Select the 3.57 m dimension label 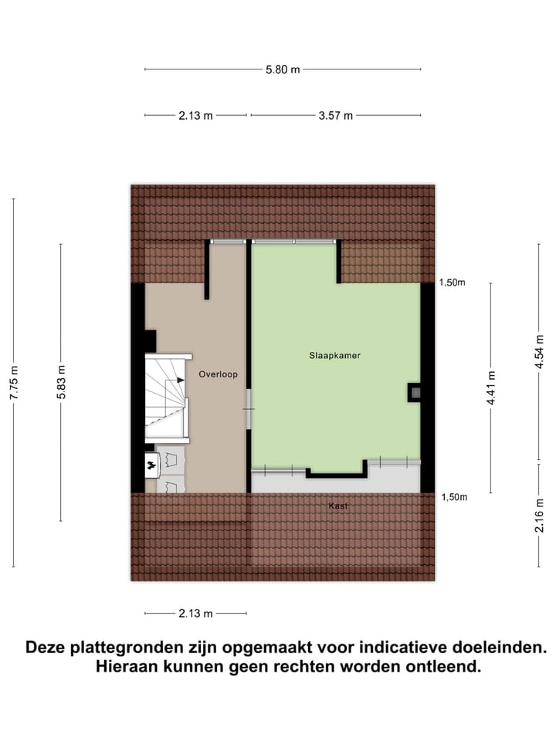[335, 116]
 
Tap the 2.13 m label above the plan [195, 116]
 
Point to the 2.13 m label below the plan [195, 614]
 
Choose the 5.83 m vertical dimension [61, 382]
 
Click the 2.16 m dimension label [540, 515]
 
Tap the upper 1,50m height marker [453, 283]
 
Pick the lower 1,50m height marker [453, 497]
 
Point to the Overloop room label [218, 374]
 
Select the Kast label [337, 506]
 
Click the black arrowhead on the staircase [180, 379]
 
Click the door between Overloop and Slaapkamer [249, 408]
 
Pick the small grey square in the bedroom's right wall [415, 393]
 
